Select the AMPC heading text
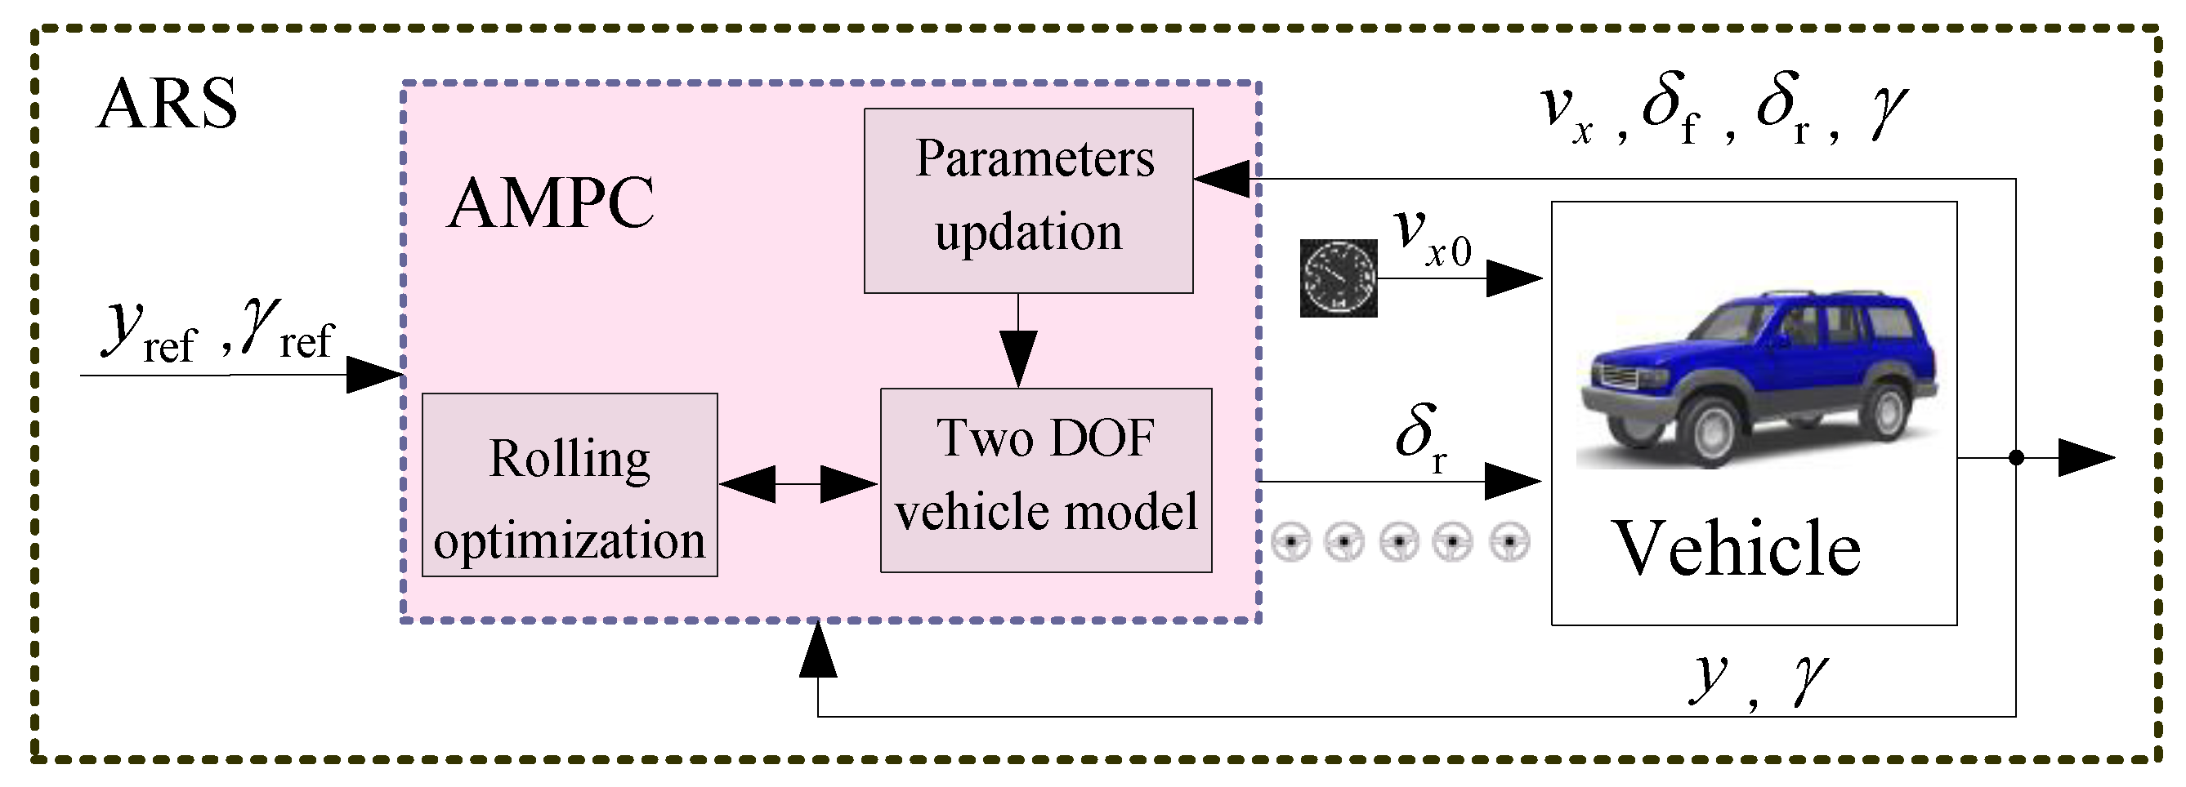pyautogui.click(x=551, y=204)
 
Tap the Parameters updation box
pyautogui.click(x=1028, y=200)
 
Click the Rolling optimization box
pyautogui.click(x=570, y=485)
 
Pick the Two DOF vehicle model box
pyautogui.click(x=1045, y=480)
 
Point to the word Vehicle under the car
pyautogui.click(x=1737, y=549)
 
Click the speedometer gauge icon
pyautogui.click(x=1339, y=278)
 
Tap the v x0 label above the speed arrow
pyautogui.click(x=1433, y=238)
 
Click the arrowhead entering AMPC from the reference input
pyautogui.click(x=373, y=374)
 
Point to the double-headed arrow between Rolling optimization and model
pyautogui.click(x=798, y=484)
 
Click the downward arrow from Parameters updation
pyautogui.click(x=1017, y=356)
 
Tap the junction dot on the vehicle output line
pyautogui.click(x=2017, y=458)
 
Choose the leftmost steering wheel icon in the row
pyautogui.click(x=1290, y=541)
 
